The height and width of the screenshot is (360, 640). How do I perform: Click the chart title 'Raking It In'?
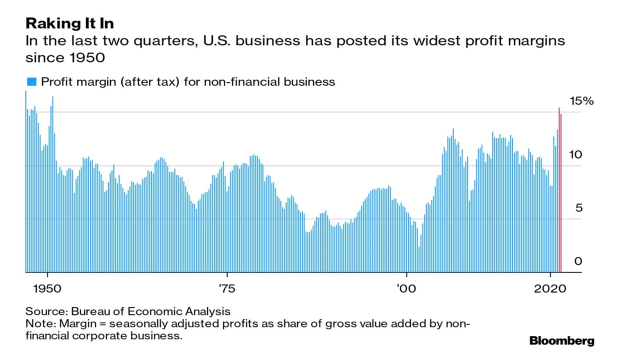69,23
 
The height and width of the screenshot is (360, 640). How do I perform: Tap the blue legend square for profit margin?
31,81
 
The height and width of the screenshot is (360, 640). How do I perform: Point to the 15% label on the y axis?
581,101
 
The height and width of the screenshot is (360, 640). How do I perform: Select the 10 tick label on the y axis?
576,154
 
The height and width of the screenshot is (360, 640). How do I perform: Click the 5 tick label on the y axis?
579,208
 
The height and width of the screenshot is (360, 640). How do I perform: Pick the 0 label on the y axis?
578,261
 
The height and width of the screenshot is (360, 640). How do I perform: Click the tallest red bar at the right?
559,190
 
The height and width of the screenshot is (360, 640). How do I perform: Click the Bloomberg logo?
561,341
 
